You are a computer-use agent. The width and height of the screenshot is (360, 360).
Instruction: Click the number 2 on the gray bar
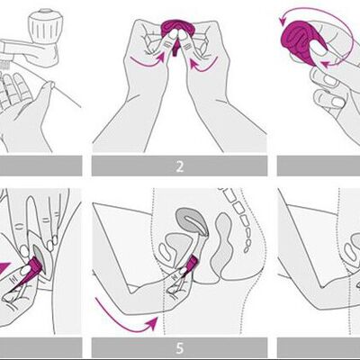click(179, 166)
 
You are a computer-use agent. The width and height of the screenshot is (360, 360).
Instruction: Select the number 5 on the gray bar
click(179, 348)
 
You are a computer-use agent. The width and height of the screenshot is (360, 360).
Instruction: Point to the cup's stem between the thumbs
click(175, 49)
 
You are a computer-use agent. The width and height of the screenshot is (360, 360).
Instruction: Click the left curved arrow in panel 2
click(148, 59)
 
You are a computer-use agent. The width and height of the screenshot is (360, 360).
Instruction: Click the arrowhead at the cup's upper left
click(282, 21)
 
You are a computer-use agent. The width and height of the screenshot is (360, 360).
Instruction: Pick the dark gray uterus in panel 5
click(192, 220)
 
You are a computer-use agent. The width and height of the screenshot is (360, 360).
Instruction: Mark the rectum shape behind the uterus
click(222, 243)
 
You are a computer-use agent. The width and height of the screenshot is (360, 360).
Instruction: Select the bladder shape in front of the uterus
click(178, 245)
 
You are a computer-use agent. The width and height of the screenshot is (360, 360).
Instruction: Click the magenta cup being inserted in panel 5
click(191, 263)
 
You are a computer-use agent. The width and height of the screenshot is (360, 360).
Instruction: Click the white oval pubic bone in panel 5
click(164, 251)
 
